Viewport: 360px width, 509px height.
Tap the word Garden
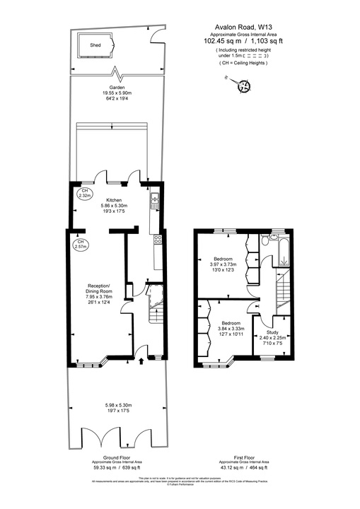point(117,88)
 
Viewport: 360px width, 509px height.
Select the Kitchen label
point(115,199)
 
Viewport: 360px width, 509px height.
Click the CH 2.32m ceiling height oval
point(85,194)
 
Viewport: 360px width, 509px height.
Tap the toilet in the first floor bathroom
point(263,242)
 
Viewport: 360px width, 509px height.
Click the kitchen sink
point(154,204)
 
